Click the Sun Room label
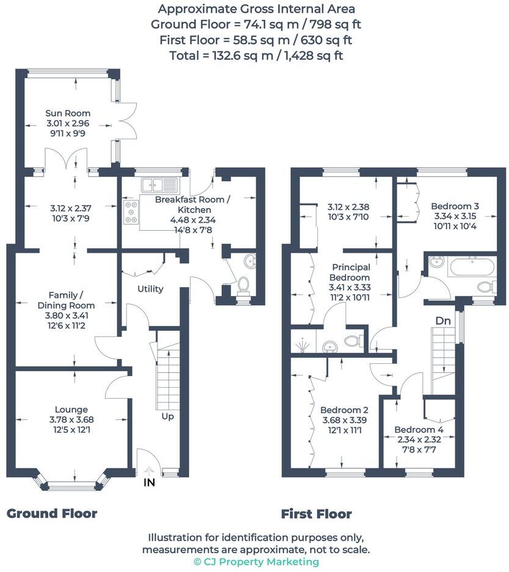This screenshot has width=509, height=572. click(68, 113)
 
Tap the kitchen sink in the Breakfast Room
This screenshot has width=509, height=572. click(157, 183)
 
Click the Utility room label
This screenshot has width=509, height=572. click(150, 289)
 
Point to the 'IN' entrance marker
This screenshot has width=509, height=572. click(148, 482)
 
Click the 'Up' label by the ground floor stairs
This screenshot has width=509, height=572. click(167, 416)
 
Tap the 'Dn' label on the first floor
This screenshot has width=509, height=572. click(443, 320)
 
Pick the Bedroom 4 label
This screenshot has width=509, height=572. click(419, 429)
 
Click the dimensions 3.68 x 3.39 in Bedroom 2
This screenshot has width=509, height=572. click(344, 420)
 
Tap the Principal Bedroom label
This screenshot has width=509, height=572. click(351, 272)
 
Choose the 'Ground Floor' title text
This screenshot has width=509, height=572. click(52, 513)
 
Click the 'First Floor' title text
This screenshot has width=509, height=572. click(316, 514)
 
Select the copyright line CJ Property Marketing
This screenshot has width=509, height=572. click(256, 562)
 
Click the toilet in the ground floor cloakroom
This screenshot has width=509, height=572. click(243, 285)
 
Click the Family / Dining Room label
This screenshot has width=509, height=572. click(67, 300)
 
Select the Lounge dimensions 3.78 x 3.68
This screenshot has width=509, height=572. click(71, 419)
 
